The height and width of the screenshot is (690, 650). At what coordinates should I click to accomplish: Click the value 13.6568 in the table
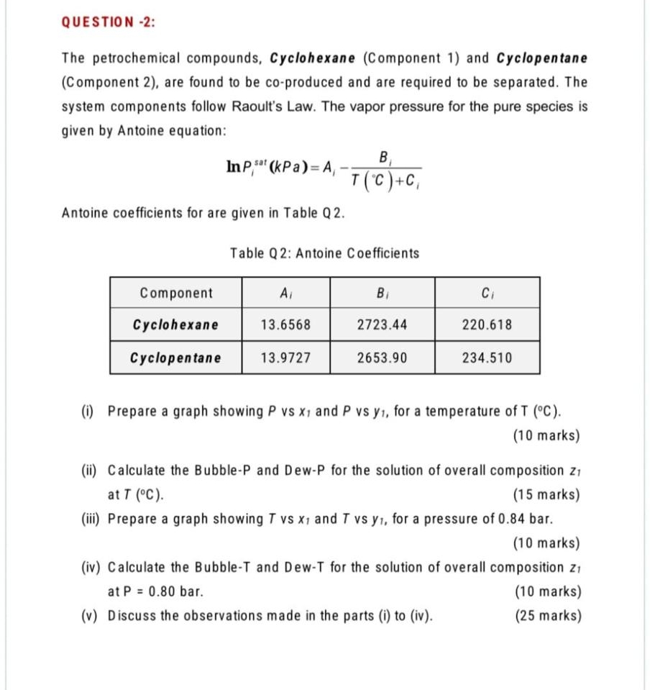[285, 324]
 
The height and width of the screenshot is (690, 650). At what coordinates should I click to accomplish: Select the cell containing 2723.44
[382, 324]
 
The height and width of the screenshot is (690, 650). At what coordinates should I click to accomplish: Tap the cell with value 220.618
[487, 324]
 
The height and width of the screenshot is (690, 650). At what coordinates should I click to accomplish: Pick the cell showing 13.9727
[285, 358]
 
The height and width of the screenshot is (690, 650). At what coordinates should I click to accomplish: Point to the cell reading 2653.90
[382, 358]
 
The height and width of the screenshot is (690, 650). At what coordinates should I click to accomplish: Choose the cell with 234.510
[487, 358]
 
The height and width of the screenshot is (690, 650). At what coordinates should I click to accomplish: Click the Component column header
[176, 293]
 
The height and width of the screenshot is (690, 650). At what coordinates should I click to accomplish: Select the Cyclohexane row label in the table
[176, 324]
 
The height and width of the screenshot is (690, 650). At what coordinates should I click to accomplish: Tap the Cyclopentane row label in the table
[176, 358]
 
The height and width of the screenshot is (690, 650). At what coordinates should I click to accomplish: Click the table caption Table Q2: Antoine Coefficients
[324, 253]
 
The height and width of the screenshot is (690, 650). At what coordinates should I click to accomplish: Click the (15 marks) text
[546, 495]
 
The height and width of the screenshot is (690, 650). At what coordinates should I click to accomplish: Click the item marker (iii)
[90, 519]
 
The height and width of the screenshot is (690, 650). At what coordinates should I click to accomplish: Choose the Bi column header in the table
[382, 293]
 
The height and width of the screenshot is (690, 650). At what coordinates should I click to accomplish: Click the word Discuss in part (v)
[131, 617]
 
